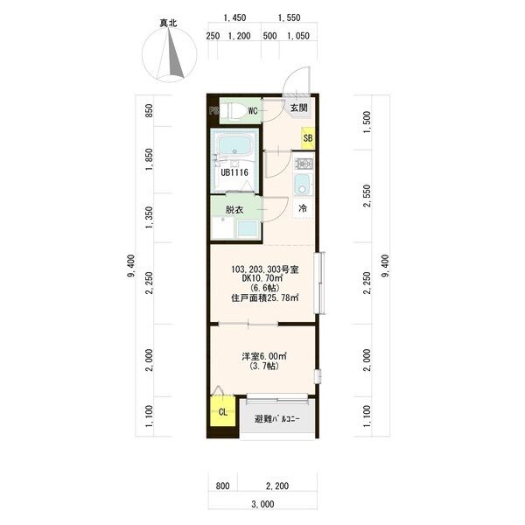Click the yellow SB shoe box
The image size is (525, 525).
point(308,138)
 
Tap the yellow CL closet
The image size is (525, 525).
point(222,411)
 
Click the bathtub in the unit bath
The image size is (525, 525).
point(234,145)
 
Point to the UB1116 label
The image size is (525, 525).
point(234,172)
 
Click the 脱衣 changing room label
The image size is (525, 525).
point(234,210)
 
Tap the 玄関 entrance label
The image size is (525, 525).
point(298,108)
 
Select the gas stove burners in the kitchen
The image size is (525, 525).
point(304,164)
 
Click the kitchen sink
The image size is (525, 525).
point(304,185)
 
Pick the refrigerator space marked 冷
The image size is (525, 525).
point(303,208)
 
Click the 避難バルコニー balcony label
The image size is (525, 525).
point(276,418)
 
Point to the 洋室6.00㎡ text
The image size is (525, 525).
point(264,356)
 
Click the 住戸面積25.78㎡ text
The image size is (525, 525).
point(265,297)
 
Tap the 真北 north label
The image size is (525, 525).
point(168,23)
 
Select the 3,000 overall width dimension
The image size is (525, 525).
point(262,504)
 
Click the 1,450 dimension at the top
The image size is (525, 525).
point(234,17)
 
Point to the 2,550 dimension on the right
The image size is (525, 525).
point(367,195)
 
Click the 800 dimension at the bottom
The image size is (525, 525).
point(222,486)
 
